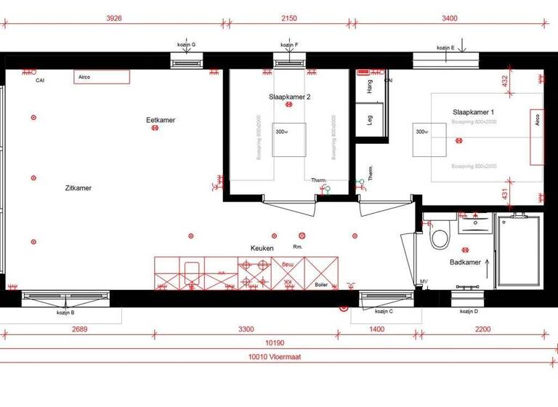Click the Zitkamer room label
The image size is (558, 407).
tap(78, 188)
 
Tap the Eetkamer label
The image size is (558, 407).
tap(161, 120)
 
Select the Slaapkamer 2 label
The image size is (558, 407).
tap(289, 96)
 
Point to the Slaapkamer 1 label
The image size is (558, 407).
tap(474, 112)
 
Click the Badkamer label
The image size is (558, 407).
tap(466, 262)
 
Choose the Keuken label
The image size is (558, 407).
tap(262, 248)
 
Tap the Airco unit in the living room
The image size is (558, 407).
tap(102, 77)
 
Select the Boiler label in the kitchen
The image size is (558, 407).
tap(322, 284)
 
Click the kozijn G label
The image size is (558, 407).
tap(187, 45)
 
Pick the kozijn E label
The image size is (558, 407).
tap(445, 47)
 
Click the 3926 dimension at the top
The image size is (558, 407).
tap(113, 17)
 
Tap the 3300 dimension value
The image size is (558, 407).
tap(246, 329)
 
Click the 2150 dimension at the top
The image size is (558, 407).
tap(289, 17)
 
